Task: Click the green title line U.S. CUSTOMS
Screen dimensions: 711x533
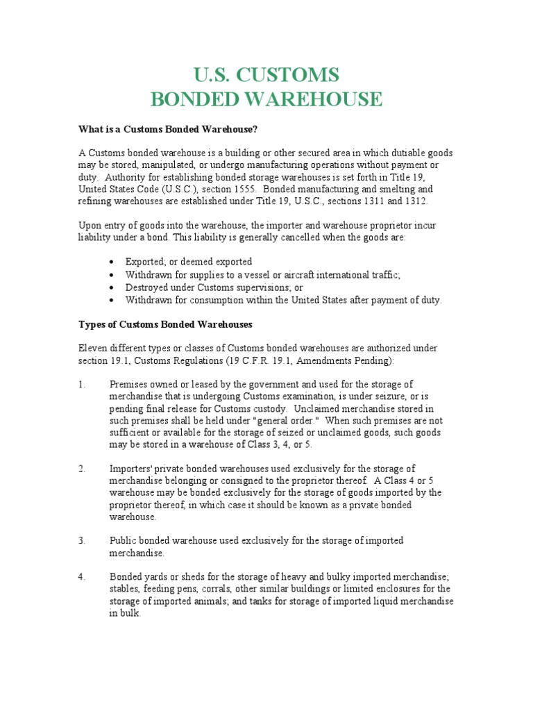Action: point(266,74)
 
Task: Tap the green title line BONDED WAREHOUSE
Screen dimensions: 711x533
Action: point(266,99)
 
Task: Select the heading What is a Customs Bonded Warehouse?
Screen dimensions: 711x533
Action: point(162,130)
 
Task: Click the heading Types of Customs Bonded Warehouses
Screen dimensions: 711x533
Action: point(165,324)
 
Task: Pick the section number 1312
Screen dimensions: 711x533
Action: point(414,201)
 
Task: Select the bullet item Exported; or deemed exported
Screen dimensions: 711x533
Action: point(188,262)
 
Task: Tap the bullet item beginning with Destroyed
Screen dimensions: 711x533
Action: point(214,287)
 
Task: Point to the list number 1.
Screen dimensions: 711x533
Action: point(81,384)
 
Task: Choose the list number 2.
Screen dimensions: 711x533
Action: point(81,469)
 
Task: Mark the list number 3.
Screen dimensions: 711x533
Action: point(81,541)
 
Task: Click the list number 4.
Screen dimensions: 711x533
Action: point(81,577)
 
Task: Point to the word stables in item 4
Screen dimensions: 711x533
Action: point(126,589)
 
